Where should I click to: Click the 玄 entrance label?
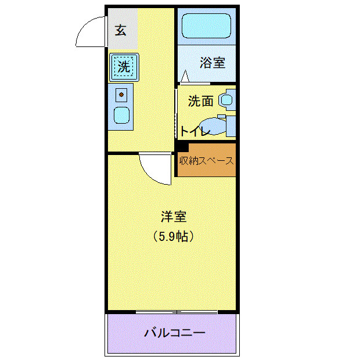pos(120,31)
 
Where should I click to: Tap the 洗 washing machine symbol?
pos(124,66)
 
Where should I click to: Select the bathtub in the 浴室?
pos(206,27)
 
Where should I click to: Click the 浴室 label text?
pos(213,63)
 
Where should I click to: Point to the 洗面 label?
pos(200,101)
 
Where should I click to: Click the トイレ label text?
pos(194,131)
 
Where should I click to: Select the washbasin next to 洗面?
pos(226,100)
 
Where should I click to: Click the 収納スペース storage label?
pos(206,160)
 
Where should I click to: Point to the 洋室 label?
pos(173,217)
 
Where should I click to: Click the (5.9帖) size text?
pos(173,236)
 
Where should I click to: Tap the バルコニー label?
pos(174,333)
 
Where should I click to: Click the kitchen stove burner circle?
pos(121,93)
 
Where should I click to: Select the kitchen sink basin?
pos(121,114)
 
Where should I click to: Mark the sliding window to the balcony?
pos(177,312)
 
